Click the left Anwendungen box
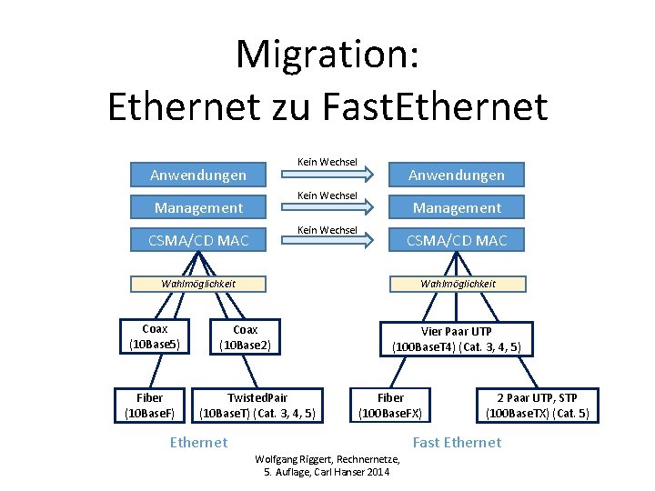[x=198, y=174]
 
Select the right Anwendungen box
[x=456, y=174]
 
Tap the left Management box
[x=198, y=207]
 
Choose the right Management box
[x=456, y=207]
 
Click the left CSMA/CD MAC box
[x=198, y=241]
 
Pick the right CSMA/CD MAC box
[x=456, y=241]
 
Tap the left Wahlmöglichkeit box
[x=198, y=284]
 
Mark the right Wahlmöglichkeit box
[x=458, y=284]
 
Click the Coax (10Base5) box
[x=155, y=337]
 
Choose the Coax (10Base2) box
[x=245, y=337]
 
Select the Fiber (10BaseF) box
[x=149, y=406]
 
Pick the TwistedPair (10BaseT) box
[x=257, y=406]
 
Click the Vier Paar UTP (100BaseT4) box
[x=456, y=338]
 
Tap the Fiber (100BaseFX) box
[x=390, y=406]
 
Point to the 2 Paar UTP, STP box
[x=537, y=406]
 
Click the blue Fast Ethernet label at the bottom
[x=457, y=442]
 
